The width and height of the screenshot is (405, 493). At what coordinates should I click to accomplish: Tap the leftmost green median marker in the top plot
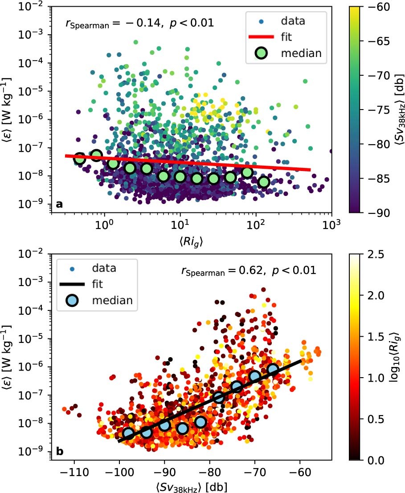[x=80, y=158]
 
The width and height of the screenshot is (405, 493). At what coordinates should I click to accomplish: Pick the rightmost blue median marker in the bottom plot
[x=273, y=370]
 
